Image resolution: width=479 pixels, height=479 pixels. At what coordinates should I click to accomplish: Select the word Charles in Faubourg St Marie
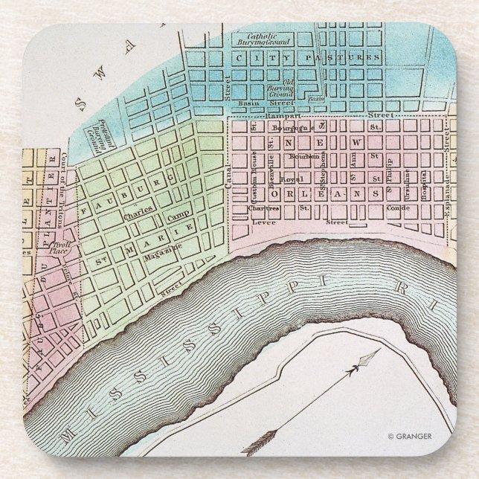click(x=138, y=211)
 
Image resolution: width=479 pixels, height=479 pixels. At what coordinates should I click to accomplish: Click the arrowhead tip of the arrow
click(x=370, y=357)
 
